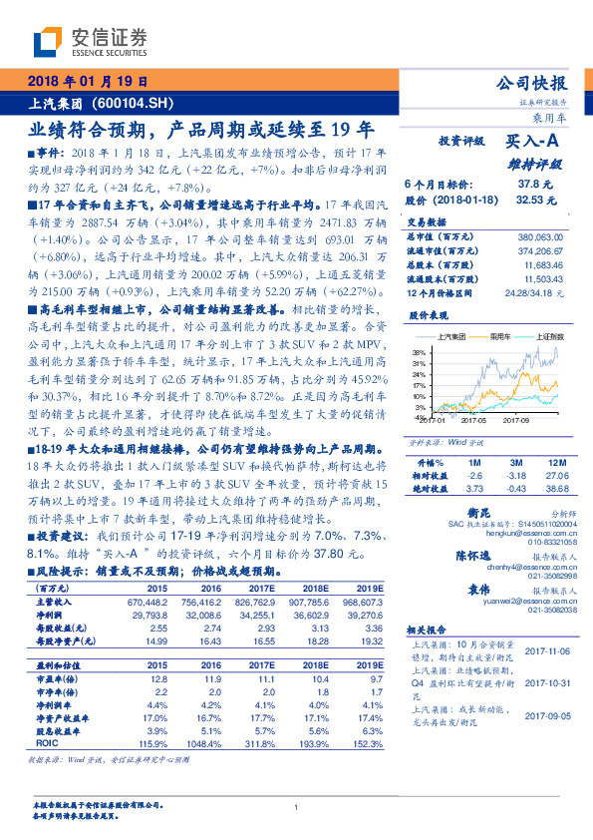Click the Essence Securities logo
pyautogui.click(x=89, y=43)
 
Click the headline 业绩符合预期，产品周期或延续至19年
pyautogui.click(x=200, y=129)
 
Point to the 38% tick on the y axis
pyautogui.click(x=422, y=352)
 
